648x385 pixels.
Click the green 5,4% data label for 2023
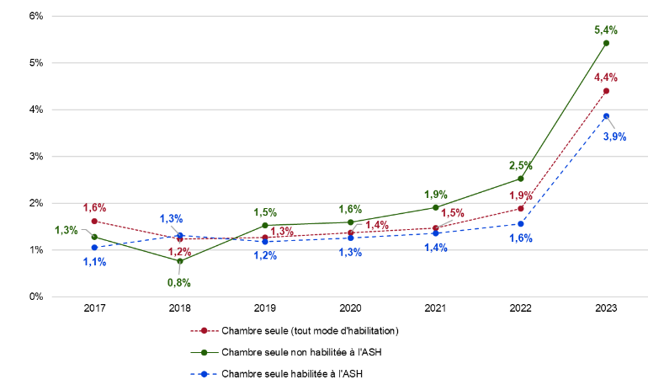[x=606, y=29]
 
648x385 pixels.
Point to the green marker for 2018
[x=180, y=261]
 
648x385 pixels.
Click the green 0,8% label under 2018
[x=180, y=283]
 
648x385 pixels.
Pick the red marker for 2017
[x=94, y=221]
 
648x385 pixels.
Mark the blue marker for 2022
[x=521, y=223]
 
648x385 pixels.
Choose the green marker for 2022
[x=521, y=179]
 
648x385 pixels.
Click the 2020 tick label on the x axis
[x=350, y=309]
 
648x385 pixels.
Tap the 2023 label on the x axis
[x=606, y=309]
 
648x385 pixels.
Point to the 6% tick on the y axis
[x=36, y=16]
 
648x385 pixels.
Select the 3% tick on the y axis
[x=36, y=156]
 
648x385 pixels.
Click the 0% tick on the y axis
[x=36, y=297]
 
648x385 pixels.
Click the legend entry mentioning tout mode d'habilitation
[x=309, y=330]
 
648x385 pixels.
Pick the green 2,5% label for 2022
[x=520, y=166]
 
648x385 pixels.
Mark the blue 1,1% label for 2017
[x=94, y=261]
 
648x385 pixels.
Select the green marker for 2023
[x=606, y=43]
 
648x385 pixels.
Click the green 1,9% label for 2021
[x=435, y=195]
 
